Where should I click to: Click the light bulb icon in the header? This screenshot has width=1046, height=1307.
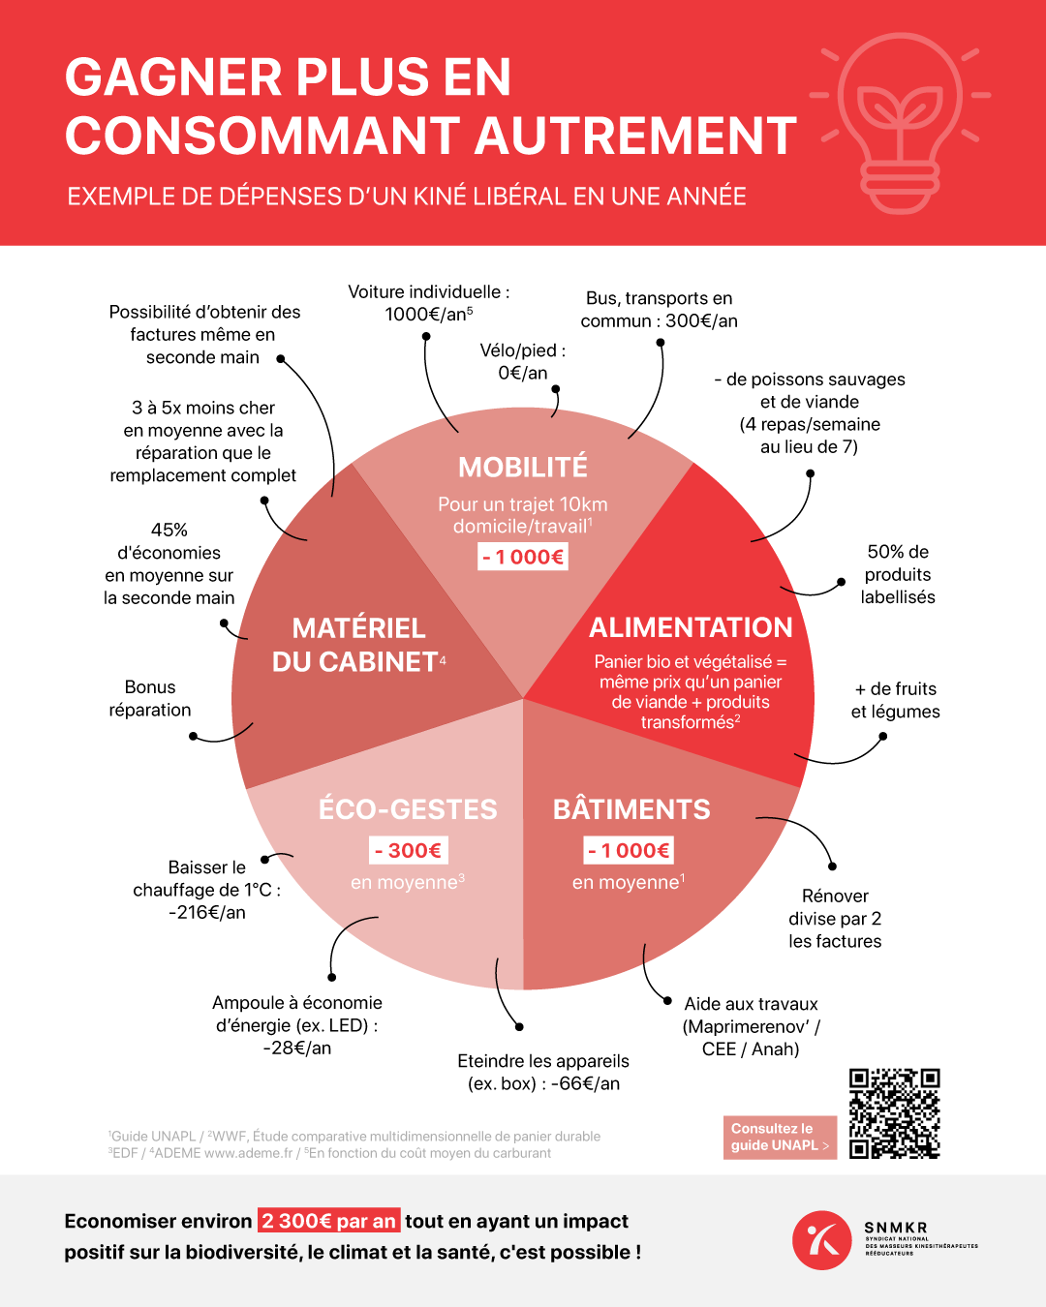point(901,121)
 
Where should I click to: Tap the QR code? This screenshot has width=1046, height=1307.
point(894,1113)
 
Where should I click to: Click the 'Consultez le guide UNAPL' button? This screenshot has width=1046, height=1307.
point(780,1137)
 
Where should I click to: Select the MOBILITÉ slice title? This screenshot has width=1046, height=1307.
point(523,467)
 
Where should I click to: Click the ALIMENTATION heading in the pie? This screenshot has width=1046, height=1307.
point(691,627)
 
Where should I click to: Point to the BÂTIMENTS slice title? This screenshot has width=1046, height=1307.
point(631,809)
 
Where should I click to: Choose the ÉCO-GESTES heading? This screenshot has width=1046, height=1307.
point(408,809)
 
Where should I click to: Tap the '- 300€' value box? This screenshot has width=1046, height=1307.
point(408,851)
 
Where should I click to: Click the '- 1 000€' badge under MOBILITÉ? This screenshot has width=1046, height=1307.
point(523,557)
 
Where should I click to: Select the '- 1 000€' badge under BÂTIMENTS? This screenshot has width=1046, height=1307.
point(629,851)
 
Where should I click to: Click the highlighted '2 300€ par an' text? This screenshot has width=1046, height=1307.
point(328,1221)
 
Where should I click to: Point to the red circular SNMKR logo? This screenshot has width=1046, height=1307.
point(821,1239)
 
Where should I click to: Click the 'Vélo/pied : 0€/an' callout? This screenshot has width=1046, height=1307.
point(523,361)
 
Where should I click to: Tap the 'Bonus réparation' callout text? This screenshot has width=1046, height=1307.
point(150,698)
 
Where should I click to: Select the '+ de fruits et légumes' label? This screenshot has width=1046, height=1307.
point(895,700)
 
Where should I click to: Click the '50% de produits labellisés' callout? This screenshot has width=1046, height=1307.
point(898,574)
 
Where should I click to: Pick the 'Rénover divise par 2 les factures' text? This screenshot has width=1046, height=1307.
point(835,918)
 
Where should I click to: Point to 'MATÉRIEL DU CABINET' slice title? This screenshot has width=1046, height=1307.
point(358,645)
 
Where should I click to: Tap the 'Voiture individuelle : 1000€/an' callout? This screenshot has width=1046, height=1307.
point(429,303)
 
